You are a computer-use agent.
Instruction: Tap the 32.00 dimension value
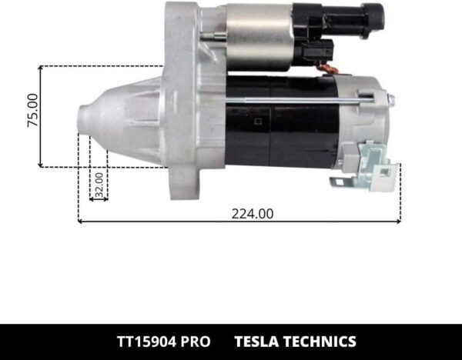pos(99,185)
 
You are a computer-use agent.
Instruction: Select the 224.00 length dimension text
pos(253,214)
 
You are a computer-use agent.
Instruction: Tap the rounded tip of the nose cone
pos(83,123)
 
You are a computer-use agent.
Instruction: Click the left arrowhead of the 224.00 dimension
pos(81,222)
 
